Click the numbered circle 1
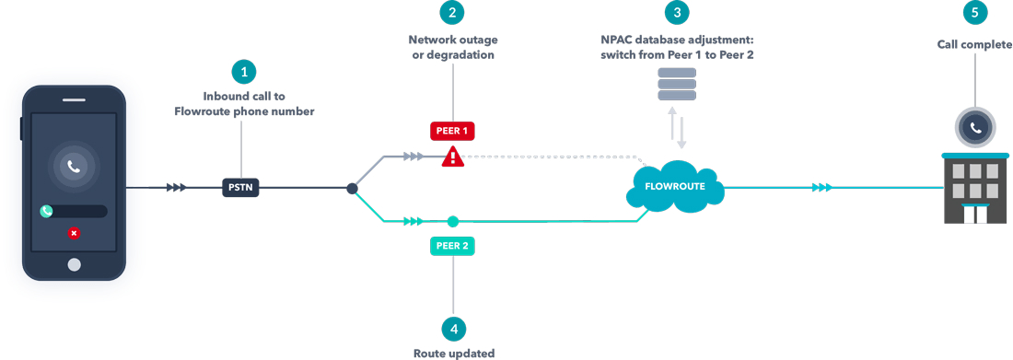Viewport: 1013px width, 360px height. pyautogui.click(x=243, y=71)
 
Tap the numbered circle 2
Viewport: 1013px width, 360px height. pyautogui.click(x=451, y=13)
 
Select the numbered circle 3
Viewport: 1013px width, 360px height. pyautogui.click(x=677, y=13)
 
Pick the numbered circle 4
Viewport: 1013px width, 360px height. pyautogui.click(x=453, y=329)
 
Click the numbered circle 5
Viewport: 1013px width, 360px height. pyautogui.click(x=975, y=13)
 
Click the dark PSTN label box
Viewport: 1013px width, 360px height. pyautogui.click(x=241, y=188)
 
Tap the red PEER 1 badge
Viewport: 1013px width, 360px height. pyautogui.click(x=452, y=131)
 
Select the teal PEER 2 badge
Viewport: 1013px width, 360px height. pyautogui.click(x=452, y=247)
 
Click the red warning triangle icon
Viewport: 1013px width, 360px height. pyautogui.click(x=452, y=157)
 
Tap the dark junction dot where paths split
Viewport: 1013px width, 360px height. pyautogui.click(x=352, y=189)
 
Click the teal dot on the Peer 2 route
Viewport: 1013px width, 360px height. pyautogui.click(x=452, y=221)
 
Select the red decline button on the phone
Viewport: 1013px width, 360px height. pyautogui.click(x=74, y=233)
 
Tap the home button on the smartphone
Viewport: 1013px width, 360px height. pyautogui.click(x=74, y=264)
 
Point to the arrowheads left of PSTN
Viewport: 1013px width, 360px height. pyautogui.click(x=177, y=188)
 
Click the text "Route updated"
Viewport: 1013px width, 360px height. pyautogui.click(x=453, y=353)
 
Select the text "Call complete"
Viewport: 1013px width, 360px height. pyautogui.click(x=974, y=43)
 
